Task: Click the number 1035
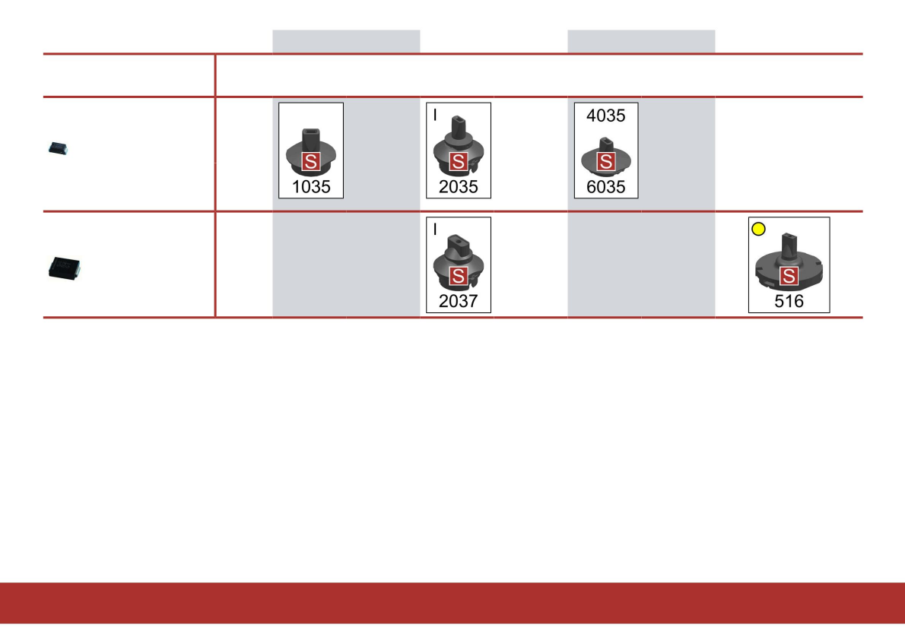(x=312, y=187)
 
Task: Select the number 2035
(x=459, y=187)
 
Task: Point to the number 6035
(x=606, y=187)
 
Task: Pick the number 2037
(x=459, y=301)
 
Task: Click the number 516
(x=789, y=301)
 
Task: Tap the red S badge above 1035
(x=311, y=161)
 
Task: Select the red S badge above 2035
(x=458, y=161)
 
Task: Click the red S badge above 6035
(x=605, y=161)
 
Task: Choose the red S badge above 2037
(x=458, y=275)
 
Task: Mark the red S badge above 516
(x=789, y=275)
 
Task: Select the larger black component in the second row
(x=64, y=267)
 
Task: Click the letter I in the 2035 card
(x=435, y=115)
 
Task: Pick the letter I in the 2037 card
(x=435, y=229)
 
